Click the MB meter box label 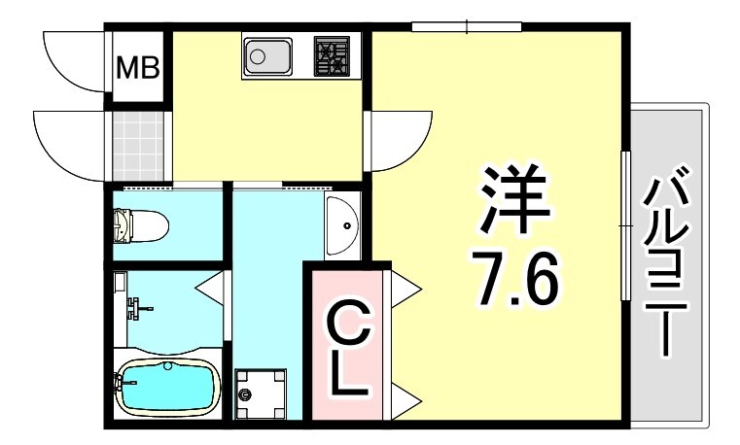click(x=138, y=68)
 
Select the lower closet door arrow click(x=406, y=396)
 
